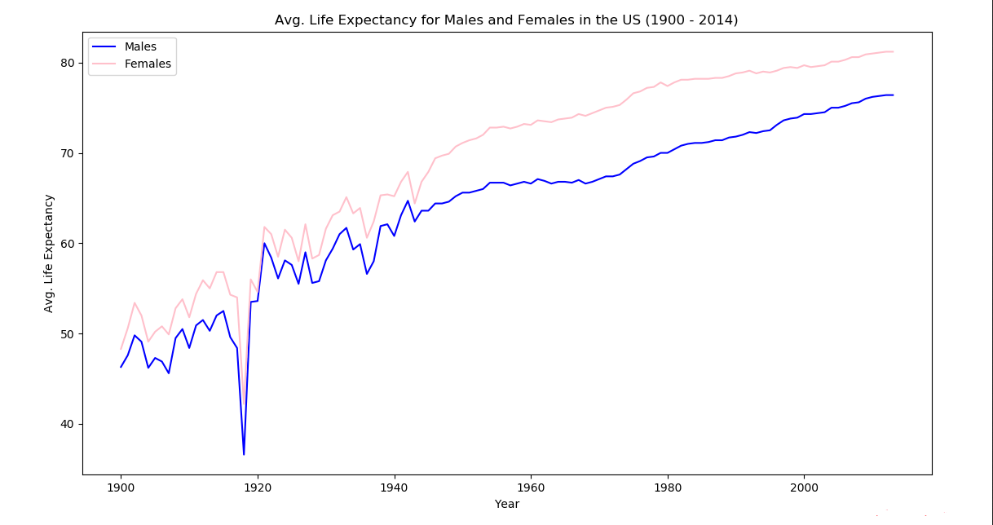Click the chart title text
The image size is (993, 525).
coord(506,20)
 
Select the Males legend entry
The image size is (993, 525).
coord(140,46)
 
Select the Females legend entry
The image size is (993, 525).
coord(148,64)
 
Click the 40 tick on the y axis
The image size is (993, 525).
coord(68,424)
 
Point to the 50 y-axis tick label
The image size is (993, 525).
coord(68,334)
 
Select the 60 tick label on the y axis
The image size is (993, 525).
coord(68,244)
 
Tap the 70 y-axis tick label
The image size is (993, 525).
coord(68,153)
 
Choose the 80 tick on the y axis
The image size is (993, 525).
coord(68,63)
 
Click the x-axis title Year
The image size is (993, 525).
coord(506,504)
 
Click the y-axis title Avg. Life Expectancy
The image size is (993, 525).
coord(50,253)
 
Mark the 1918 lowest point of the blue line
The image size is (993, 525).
coord(244,454)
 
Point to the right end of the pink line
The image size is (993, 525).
coord(893,51)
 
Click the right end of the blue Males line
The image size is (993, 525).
coord(893,95)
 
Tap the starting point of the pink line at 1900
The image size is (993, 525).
coord(121,349)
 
